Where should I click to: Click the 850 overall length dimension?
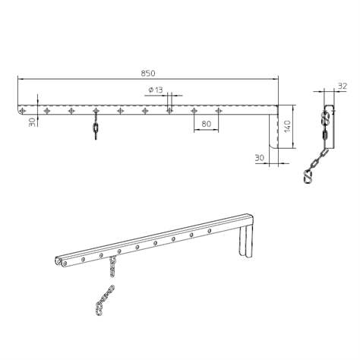tap(148, 73)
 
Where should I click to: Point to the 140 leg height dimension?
tap(288, 127)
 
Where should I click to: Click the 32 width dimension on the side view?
tap(343, 86)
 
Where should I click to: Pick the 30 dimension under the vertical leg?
tap(261, 158)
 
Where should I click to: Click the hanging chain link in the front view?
tap(96, 130)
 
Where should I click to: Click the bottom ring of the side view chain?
tap(309, 178)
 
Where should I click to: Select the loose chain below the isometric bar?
tap(103, 298)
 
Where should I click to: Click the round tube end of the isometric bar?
tap(60, 263)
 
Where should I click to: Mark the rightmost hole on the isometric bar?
tap(209, 228)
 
